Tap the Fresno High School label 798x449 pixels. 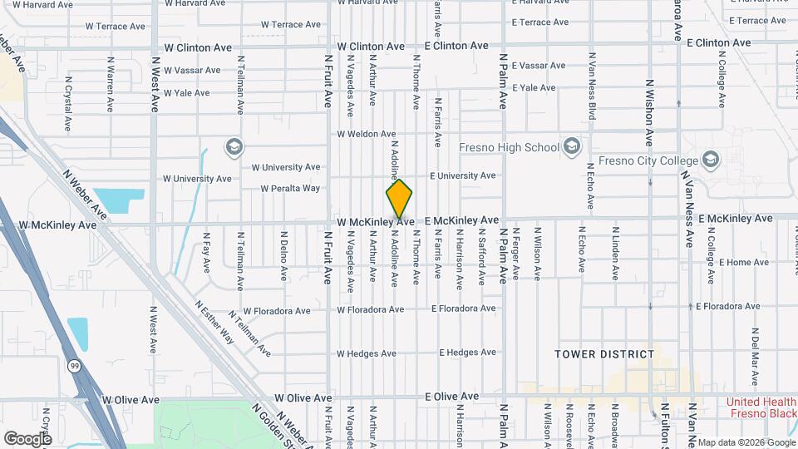[x=510, y=148]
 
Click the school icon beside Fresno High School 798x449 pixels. [x=571, y=148]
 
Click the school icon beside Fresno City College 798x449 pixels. [x=710, y=159]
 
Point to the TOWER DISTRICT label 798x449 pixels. [x=604, y=354]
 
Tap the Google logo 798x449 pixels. [x=27, y=438]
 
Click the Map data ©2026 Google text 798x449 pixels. [x=745, y=442]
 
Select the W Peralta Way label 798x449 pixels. [x=290, y=188]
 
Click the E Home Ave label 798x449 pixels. [x=722, y=263]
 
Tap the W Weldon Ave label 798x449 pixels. [x=363, y=134]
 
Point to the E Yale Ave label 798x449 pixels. [x=534, y=87]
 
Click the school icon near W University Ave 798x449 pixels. [x=234, y=148]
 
